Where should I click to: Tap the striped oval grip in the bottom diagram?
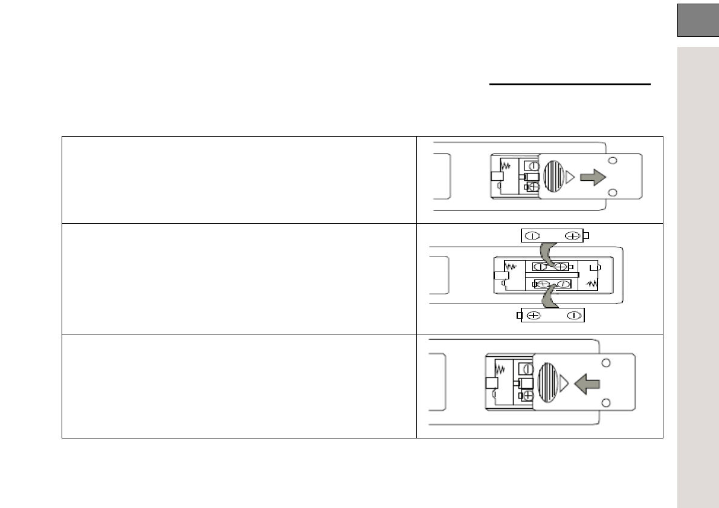pyautogui.click(x=547, y=382)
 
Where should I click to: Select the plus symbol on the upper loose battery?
pyautogui.click(x=572, y=236)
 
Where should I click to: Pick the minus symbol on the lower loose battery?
pyautogui.click(x=574, y=314)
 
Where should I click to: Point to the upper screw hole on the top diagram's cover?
pyautogui.click(x=613, y=161)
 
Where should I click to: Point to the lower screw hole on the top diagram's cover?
pyautogui.click(x=613, y=193)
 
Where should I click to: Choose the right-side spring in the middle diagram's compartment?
pyautogui.click(x=593, y=283)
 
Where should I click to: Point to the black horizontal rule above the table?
pyautogui.click(x=569, y=85)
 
